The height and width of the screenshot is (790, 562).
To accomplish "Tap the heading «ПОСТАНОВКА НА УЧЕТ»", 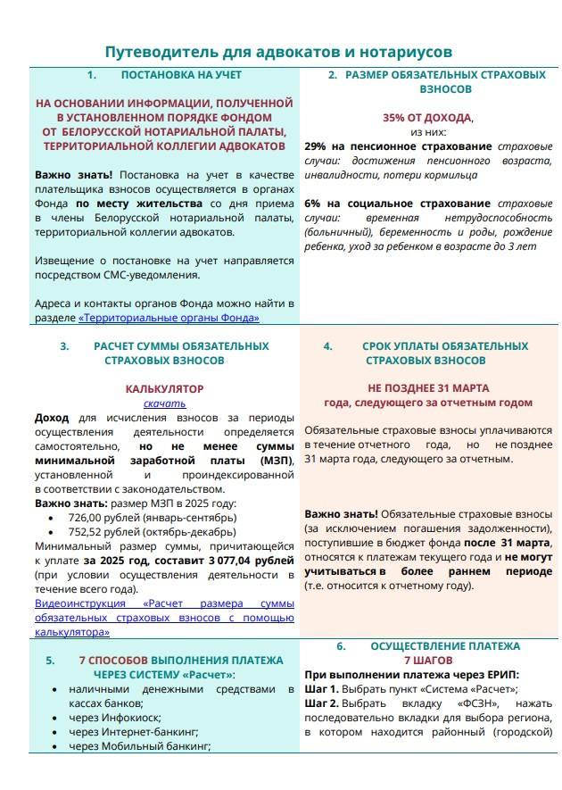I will [x=181, y=75].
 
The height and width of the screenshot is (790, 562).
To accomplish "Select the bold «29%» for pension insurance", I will [x=316, y=146].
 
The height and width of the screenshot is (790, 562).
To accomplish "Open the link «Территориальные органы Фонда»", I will [x=169, y=318].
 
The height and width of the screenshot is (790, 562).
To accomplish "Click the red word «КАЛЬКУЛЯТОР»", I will [x=164, y=389].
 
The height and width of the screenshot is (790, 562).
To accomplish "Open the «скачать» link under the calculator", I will [x=164, y=403].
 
